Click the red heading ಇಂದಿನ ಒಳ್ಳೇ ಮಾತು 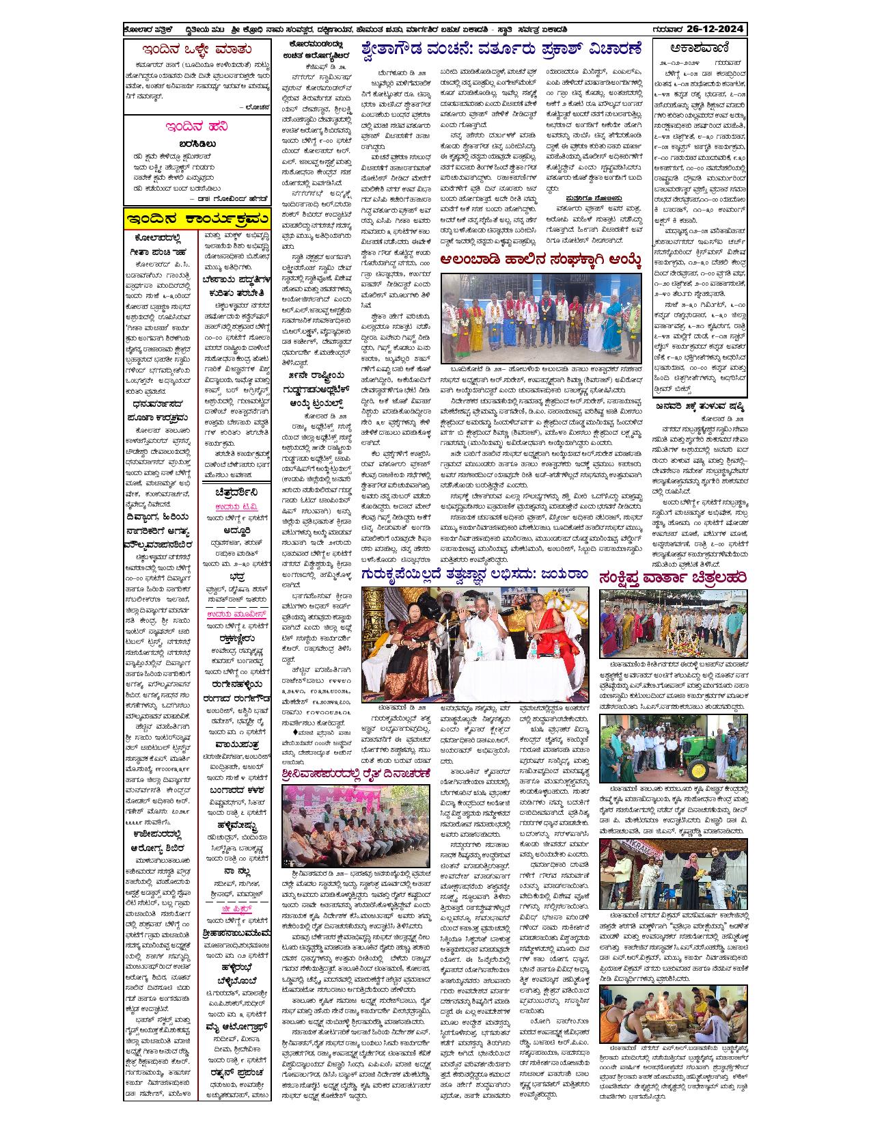point(196,49)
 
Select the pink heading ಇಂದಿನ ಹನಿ point(196,127)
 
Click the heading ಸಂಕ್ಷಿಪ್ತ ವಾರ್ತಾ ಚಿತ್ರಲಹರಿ point(672,578)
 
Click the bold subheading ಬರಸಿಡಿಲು point(196,144)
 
